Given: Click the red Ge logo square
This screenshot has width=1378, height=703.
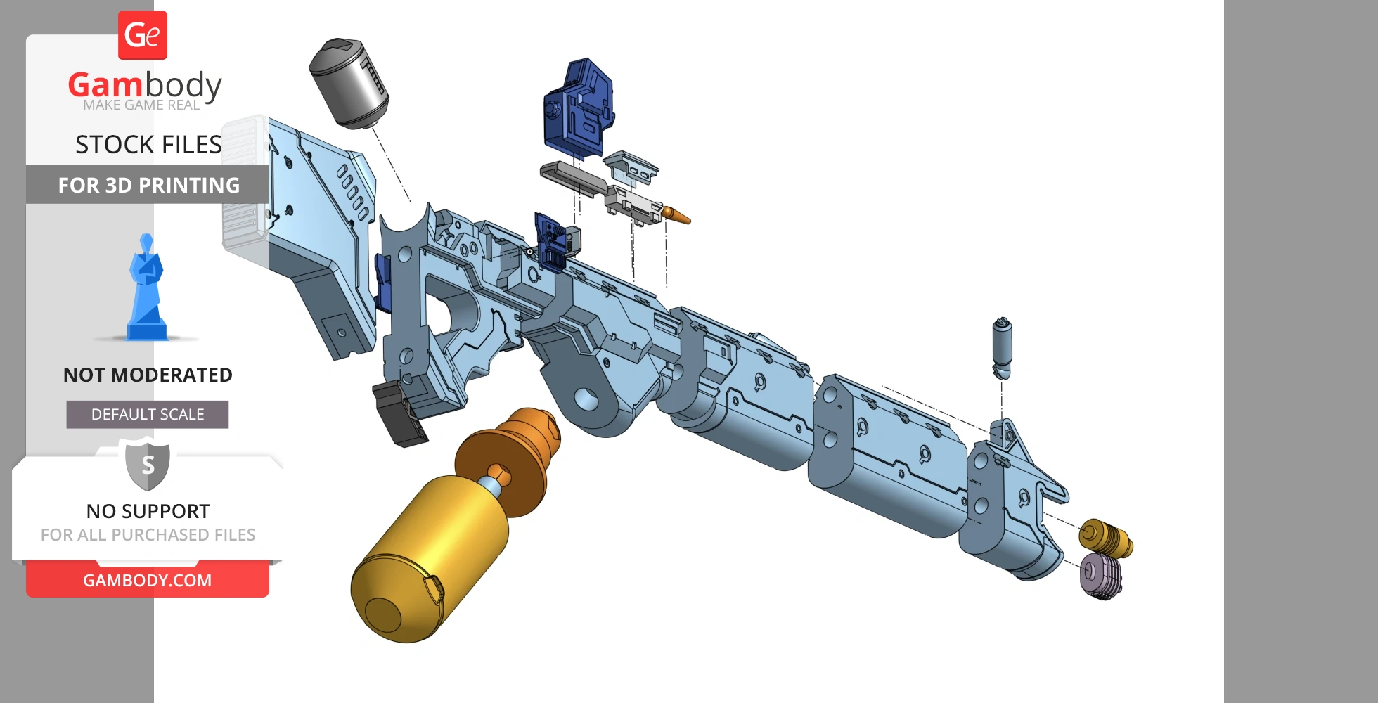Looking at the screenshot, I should coord(143,35).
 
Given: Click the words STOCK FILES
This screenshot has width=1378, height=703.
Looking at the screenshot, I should coord(148,145).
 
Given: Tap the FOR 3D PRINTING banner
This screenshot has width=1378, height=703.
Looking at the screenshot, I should coord(148,185).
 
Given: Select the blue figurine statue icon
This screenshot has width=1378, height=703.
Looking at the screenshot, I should coord(146,290).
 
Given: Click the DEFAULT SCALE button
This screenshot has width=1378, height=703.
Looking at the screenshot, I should coord(148,415).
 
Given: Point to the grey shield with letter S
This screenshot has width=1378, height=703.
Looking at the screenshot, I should coord(148,464).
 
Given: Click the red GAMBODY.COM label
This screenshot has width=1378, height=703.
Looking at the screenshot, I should coord(148,581).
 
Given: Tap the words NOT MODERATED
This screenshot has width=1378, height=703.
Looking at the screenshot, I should coord(148,375).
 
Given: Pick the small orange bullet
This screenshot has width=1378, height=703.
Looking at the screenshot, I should coord(676,215).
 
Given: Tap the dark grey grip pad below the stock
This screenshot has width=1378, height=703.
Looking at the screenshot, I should coord(399,415).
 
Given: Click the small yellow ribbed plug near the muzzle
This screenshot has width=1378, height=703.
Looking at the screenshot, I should coord(1105,538).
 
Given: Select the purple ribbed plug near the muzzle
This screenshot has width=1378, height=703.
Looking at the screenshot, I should coord(1100,576).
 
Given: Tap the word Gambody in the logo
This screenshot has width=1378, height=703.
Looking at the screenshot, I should coord(145,85).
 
